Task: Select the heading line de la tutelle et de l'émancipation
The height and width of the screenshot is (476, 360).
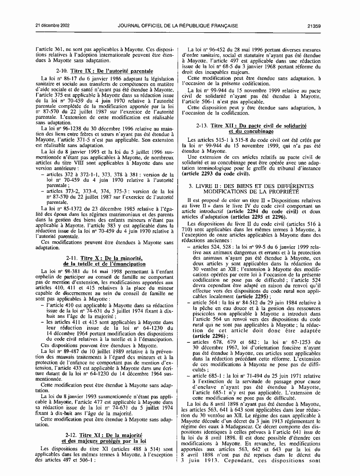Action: pos(104,264)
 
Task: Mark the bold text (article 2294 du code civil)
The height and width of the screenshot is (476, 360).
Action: pos(257,211)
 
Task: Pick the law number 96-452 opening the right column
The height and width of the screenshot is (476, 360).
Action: pos(217,50)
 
